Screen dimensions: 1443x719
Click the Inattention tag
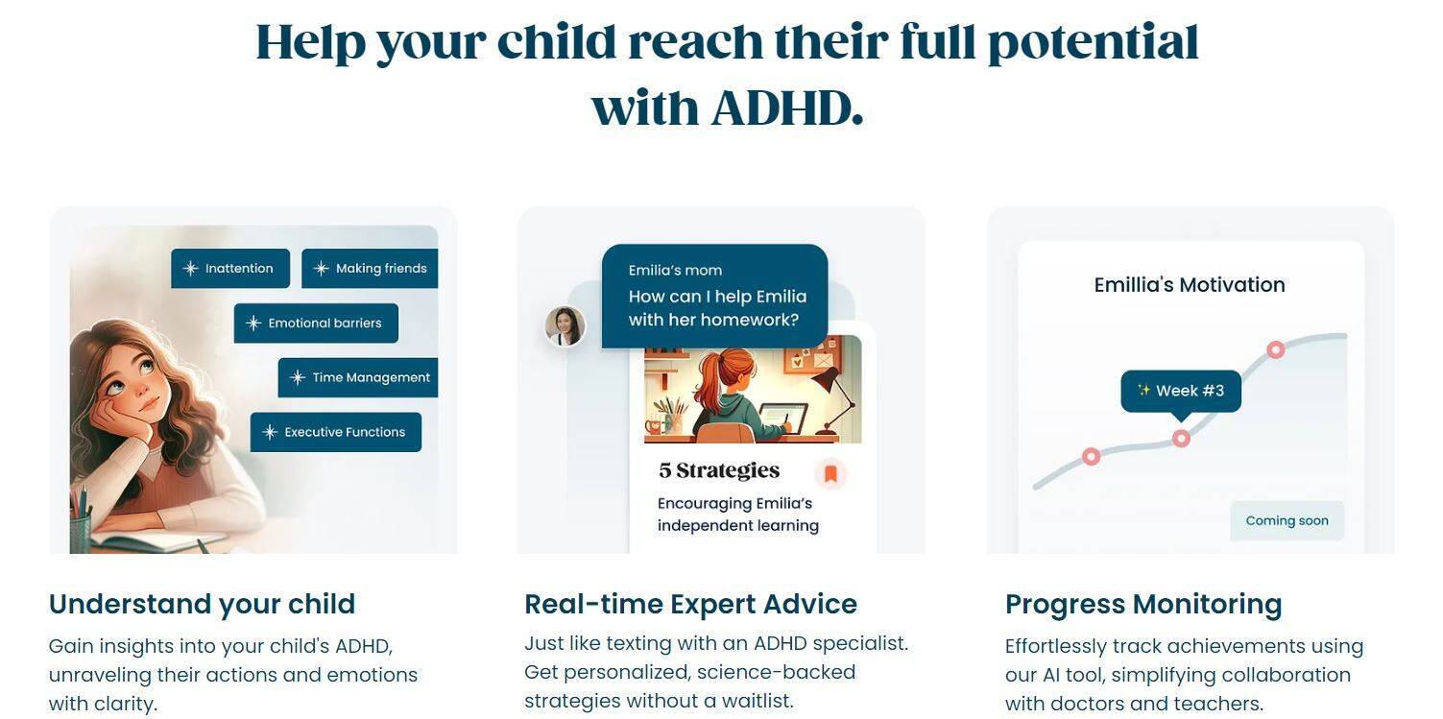tap(230, 268)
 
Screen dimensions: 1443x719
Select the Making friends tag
tap(370, 268)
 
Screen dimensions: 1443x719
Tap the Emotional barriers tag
tap(316, 323)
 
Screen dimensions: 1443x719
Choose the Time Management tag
tap(358, 377)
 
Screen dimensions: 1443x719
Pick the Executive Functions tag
tap(336, 432)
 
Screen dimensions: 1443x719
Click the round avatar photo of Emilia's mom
tap(565, 325)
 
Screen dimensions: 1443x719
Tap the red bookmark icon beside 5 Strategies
tap(830, 473)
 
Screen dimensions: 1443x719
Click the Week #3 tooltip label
tap(1181, 391)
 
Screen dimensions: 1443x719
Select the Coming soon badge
tap(1287, 520)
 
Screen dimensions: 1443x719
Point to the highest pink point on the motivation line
tap(1276, 349)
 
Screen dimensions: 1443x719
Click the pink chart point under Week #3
tap(1181, 439)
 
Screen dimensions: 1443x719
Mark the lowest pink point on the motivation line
tap(1091, 457)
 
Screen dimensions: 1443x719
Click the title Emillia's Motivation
tap(1190, 285)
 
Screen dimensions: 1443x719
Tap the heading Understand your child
tap(203, 605)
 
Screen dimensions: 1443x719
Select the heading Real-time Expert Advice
tap(690, 605)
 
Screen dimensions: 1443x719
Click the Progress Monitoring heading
tap(1143, 605)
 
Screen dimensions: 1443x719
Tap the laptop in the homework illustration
tap(782, 419)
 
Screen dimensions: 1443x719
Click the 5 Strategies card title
tap(719, 471)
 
